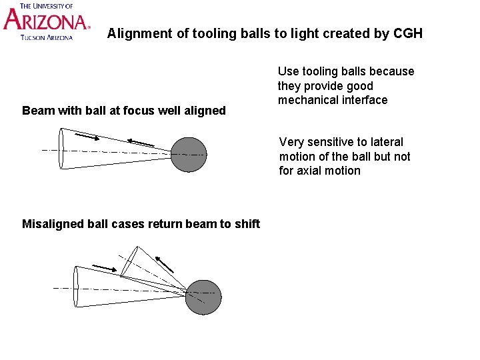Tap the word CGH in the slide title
pos(407,33)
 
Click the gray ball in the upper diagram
pos(188,155)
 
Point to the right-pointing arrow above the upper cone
pos(87,137)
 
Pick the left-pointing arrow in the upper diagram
pos(141,143)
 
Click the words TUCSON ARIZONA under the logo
pos(47,37)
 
